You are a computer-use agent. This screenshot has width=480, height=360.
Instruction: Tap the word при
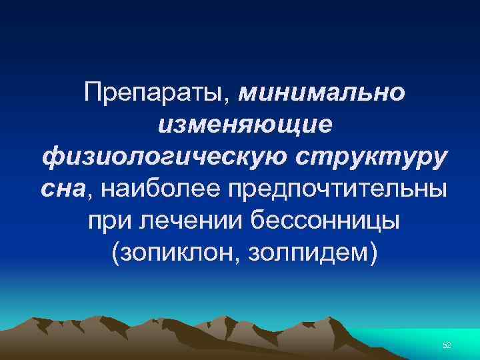105,221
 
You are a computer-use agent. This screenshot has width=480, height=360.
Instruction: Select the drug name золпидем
303,253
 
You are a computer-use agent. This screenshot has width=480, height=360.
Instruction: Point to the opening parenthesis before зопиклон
117,253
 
